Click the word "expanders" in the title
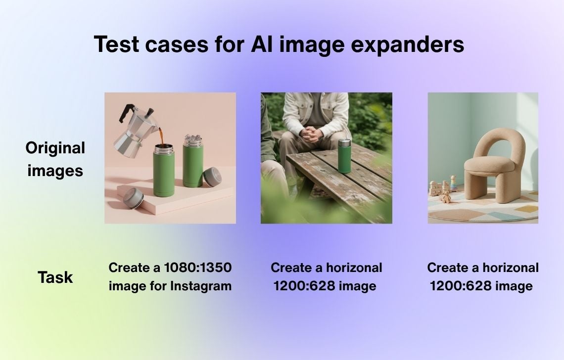coord(407,45)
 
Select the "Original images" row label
coord(55,159)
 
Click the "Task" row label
coord(55,277)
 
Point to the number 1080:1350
coord(198,268)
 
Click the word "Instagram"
coord(201,286)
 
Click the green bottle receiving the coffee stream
coord(164,170)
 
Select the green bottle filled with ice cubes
coord(193,161)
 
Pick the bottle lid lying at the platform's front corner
coord(134,198)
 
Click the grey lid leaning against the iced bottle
coord(212,177)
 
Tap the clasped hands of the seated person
coord(311,135)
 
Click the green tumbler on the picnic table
coord(344,156)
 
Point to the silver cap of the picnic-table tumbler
coord(345,142)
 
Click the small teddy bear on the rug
coord(445,197)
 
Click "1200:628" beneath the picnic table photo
coord(304,286)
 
